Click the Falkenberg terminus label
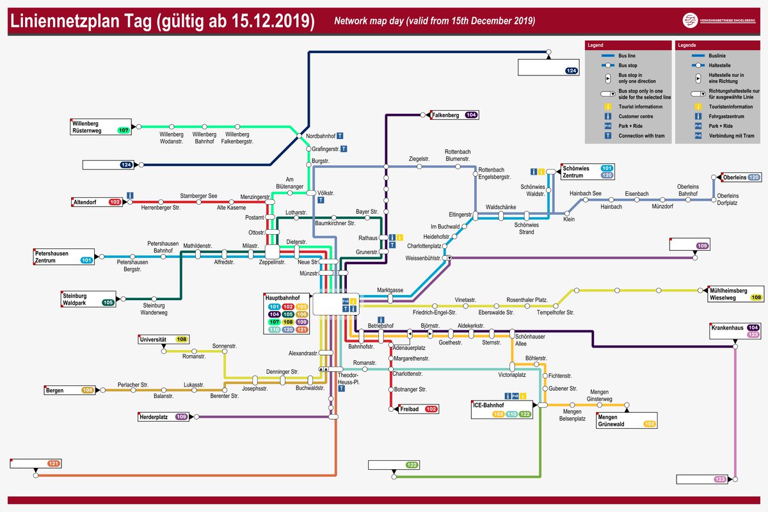pyautogui.click(x=446, y=115)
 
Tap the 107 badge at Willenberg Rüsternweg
pyautogui.click(x=124, y=130)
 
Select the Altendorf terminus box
pyautogui.click(x=97, y=202)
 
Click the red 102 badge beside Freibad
pyautogui.click(x=431, y=408)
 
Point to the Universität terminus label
pyautogui.click(x=153, y=339)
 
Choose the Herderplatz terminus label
pyautogui.click(x=153, y=417)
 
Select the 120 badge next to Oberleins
pyautogui.click(x=753, y=177)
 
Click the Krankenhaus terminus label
pyautogui.click(x=726, y=328)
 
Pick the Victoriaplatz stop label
pyautogui.click(x=512, y=375)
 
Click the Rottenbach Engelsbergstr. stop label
pyautogui.click(x=495, y=173)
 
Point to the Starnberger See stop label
pyautogui.click(x=198, y=195)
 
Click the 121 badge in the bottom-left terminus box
pyautogui.click(x=54, y=463)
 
